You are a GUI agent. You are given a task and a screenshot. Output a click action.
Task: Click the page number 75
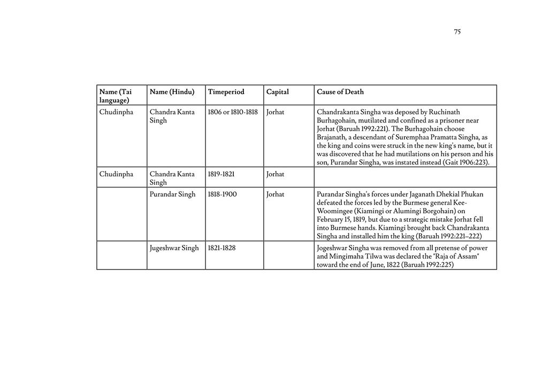click(x=457, y=32)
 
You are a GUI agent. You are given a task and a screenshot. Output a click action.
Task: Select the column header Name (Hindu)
click(x=172, y=92)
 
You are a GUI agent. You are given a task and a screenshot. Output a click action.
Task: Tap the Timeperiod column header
click(x=226, y=92)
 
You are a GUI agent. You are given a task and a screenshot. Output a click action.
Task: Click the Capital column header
click(x=277, y=92)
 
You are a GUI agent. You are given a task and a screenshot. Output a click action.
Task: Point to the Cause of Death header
click(x=340, y=92)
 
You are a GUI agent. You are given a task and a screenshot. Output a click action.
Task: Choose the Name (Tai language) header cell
click(x=115, y=96)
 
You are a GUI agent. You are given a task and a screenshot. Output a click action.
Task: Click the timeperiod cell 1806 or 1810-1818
click(x=232, y=112)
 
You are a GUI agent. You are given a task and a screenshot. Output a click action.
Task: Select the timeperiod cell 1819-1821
click(x=221, y=174)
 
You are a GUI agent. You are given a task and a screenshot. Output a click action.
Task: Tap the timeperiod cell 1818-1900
click(x=222, y=195)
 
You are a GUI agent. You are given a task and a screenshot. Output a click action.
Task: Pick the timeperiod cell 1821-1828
click(x=221, y=248)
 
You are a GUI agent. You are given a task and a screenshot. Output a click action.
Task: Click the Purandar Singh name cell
click(x=172, y=195)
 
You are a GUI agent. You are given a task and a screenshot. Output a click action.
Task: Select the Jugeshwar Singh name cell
click(x=174, y=248)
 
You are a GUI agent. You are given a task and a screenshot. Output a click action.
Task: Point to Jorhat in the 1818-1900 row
click(x=275, y=195)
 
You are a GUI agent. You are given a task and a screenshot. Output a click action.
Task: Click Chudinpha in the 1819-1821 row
click(x=116, y=174)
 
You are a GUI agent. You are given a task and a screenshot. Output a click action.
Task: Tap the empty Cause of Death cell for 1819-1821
click(x=405, y=177)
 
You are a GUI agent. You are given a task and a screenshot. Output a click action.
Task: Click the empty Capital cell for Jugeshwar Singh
click(x=288, y=255)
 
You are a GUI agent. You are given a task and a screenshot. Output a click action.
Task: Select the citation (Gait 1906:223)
click(x=465, y=163)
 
